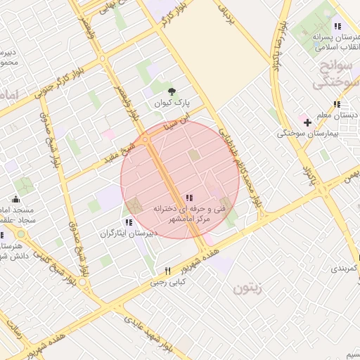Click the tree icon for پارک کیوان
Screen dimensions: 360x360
point(172,91)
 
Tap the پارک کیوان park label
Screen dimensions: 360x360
point(172,104)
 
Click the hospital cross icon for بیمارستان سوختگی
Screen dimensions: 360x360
point(307,122)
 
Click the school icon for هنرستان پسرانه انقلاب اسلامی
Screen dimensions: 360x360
point(337,26)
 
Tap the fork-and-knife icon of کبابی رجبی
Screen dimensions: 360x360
point(167,271)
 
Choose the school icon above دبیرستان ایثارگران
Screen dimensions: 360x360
point(127,223)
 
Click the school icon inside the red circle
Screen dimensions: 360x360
point(188,198)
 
